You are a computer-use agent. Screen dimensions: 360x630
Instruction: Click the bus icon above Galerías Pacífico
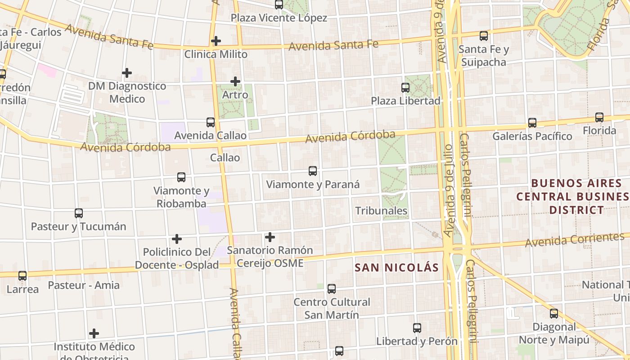point(532,122)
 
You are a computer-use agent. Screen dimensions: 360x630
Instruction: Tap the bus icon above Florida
point(599,117)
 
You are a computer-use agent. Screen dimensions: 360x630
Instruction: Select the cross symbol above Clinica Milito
point(216,41)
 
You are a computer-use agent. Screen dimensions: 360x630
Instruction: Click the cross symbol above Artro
point(235,81)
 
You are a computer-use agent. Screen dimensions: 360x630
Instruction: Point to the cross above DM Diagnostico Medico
point(127,72)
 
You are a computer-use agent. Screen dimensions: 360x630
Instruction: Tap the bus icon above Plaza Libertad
point(405,87)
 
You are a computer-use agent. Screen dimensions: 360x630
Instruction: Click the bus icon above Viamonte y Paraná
point(313,171)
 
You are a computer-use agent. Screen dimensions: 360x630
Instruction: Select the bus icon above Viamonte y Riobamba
point(181,177)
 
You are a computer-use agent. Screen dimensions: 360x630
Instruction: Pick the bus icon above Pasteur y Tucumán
point(79,213)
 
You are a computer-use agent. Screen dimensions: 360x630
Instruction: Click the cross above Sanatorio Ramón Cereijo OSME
point(270,237)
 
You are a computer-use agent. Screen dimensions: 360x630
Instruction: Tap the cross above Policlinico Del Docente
point(177,238)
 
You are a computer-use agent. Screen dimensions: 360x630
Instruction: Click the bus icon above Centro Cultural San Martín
point(332,288)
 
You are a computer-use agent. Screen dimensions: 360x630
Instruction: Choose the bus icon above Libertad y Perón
point(417,328)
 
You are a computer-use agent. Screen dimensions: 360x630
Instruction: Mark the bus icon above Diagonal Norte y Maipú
point(554,314)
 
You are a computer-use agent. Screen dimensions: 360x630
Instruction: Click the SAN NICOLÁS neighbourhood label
point(396,268)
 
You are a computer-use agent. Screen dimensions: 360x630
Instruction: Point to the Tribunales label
point(381,211)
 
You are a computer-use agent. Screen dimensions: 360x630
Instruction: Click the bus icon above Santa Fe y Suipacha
point(484,36)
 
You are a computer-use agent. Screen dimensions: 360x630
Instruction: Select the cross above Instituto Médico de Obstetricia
point(94,333)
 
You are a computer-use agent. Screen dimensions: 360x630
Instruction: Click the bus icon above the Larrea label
point(22,276)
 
